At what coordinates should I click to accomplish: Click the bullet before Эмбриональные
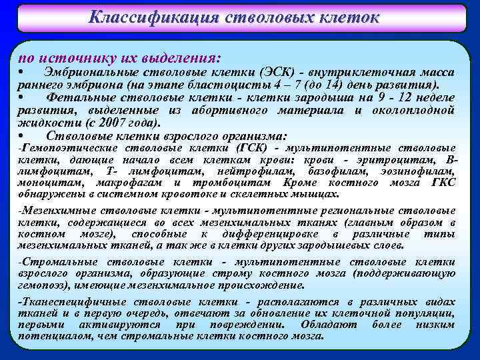point(22,71)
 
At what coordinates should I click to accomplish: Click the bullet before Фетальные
point(22,98)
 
